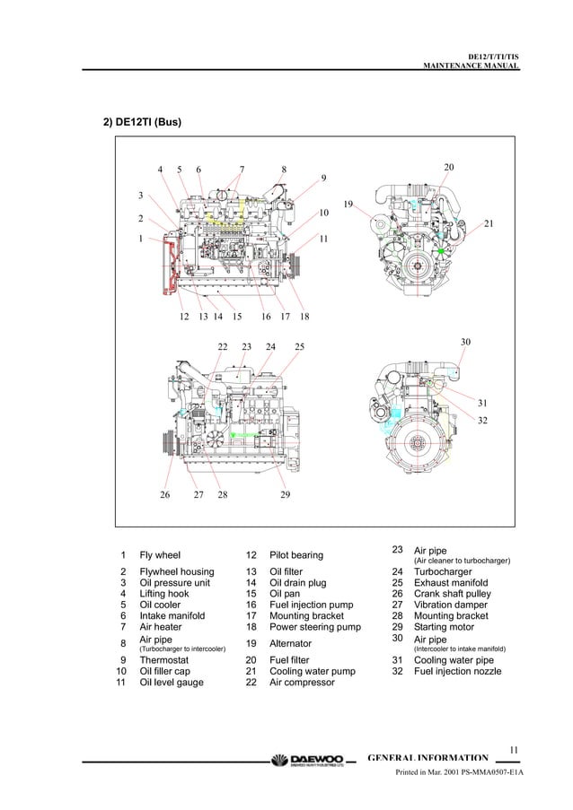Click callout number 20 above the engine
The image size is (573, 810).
[449, 168]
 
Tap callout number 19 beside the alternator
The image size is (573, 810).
[348, 204]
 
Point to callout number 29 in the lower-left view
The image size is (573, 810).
[285, 494]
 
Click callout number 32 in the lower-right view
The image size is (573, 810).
[481, 420]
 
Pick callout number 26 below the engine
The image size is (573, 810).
[165, 494]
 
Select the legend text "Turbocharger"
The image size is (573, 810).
[442, 571]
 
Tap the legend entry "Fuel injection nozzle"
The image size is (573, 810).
[457, 671]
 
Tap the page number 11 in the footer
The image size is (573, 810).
[514, 750]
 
